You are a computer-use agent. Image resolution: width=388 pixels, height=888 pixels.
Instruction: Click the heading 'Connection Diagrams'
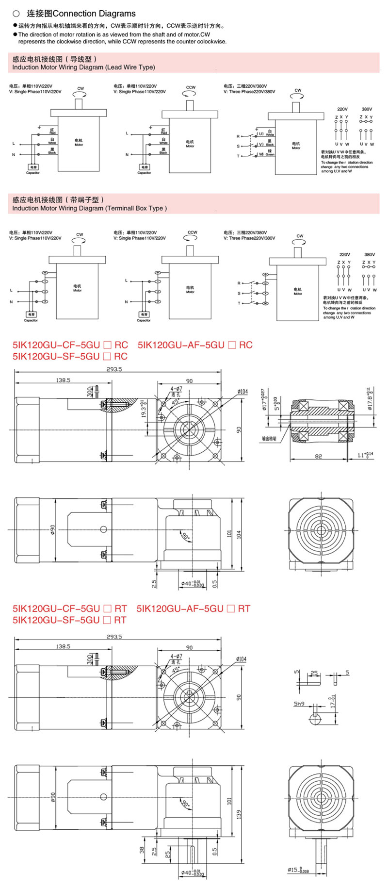coord(94,14)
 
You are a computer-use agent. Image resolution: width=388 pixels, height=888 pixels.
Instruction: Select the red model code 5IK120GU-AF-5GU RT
coord(193,608)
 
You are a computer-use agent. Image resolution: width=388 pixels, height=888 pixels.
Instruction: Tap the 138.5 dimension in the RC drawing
coord(63,380)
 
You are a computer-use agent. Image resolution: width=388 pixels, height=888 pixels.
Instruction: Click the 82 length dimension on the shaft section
coord(318,457)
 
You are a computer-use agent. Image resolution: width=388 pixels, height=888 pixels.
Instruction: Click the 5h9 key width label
coord(299,703)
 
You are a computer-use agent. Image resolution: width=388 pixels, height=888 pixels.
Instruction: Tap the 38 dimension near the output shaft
coord(142,850)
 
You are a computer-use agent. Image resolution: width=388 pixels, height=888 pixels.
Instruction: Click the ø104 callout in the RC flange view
coord(242,391)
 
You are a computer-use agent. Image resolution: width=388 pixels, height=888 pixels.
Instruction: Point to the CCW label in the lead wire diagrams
coord(191,87)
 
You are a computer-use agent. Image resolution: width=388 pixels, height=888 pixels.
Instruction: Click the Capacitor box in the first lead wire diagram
coord(33,167)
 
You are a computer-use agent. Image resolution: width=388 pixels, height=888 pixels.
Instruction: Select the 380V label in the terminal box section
coord(369,254)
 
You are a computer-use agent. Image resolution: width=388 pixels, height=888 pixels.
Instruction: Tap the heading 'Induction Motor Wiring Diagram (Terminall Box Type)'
coord(89,208)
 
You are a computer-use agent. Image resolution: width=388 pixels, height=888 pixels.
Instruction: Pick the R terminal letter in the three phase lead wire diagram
coord(238,136)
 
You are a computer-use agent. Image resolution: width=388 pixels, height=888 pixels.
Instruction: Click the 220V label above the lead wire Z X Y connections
coord(342,109)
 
